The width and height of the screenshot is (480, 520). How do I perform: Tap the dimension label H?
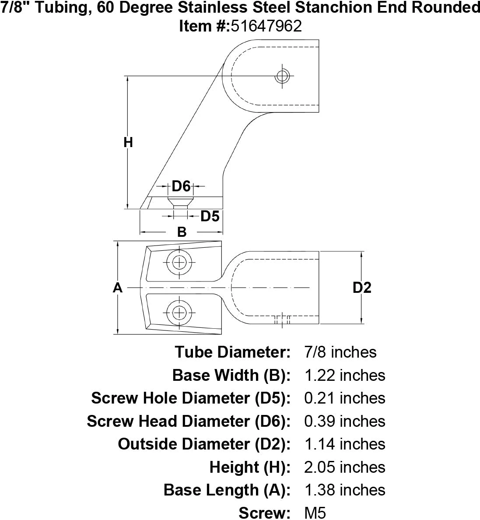(128, 142)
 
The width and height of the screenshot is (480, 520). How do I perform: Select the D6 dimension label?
(181, 186)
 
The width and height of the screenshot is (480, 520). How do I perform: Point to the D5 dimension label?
(210, 216)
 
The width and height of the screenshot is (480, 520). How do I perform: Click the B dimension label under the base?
(182, 232)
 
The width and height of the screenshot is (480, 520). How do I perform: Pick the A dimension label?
(117, 288)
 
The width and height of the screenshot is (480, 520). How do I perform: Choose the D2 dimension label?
(362, 288)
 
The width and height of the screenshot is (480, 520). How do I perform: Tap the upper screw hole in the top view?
(179, 263)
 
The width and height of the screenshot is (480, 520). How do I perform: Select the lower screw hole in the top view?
(179, 313)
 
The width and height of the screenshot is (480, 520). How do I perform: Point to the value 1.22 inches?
(344, 375)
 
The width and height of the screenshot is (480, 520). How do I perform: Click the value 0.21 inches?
(344, 398)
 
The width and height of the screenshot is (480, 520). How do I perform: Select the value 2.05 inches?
(344, 467)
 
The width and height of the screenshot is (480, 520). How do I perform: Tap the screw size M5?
(315, 513)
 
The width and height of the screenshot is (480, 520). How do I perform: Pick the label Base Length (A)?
(227, 490)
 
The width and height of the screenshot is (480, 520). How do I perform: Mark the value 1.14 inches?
(344, 444)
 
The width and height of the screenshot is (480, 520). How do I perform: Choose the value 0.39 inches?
(344, 421)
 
